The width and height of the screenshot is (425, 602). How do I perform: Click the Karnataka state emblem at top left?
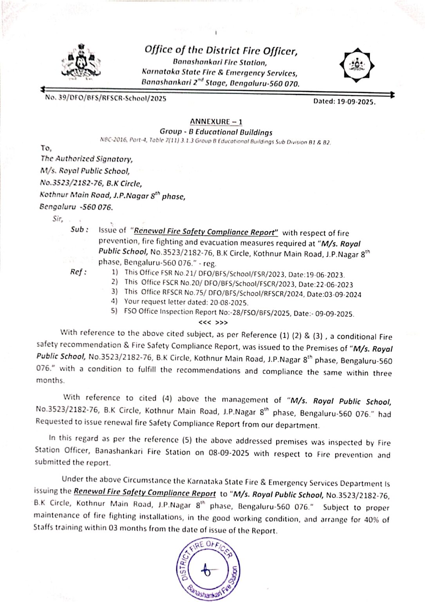(x=81, y=62)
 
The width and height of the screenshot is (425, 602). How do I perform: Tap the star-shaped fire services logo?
(x=356, y=65)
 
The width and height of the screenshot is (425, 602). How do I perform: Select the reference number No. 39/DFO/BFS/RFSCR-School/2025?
(x=106, y=98)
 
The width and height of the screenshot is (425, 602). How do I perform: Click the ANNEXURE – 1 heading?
(x=216, y=122)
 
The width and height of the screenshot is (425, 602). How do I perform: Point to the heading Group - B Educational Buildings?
(x=216, y=132)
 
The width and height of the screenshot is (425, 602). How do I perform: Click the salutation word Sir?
(x=58, y=219)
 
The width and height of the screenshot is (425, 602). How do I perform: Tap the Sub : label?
(x=79, y=230)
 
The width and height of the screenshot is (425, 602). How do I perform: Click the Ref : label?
(x=78, y=272)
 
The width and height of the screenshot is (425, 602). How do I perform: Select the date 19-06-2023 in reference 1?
(x=325, y=275)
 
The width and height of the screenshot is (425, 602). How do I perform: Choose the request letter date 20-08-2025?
(x=229, y=303)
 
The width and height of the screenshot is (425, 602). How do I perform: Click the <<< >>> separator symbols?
(x=213, y=323)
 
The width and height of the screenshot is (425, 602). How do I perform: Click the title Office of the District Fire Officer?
(x=221, y=51)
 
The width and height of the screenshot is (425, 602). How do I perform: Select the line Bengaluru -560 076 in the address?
(x=76, y=207)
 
